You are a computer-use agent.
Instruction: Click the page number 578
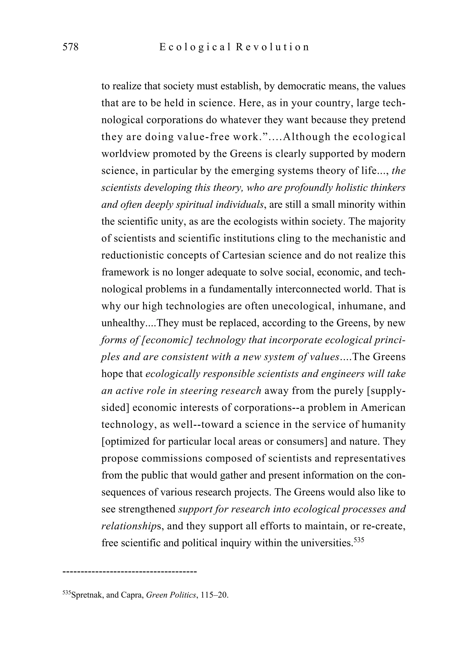[70, 47]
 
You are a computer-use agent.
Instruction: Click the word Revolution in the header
[272, 47]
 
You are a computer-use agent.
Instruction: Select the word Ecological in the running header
[195, 47]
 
